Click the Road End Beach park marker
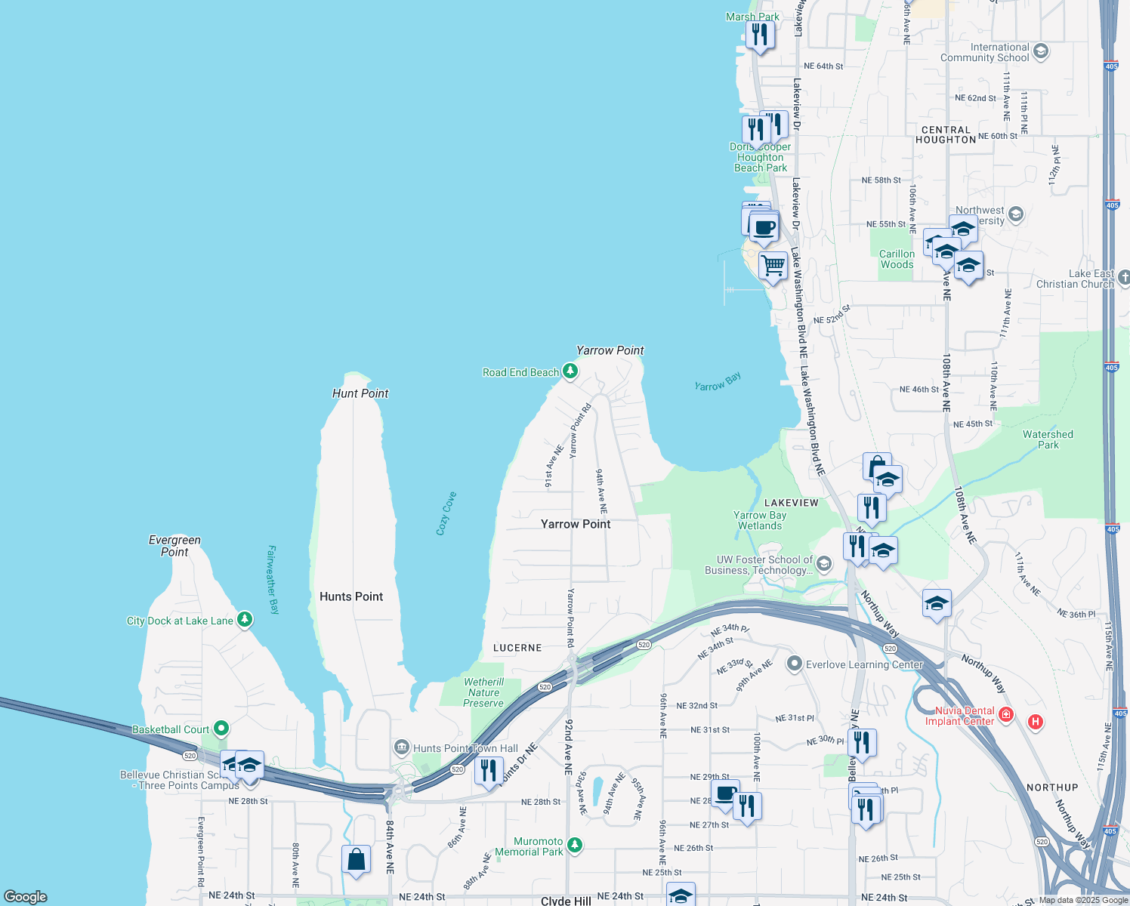pos(570,371)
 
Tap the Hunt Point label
pos(360,393)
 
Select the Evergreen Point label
pos(174,546)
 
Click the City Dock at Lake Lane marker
pos(244,620)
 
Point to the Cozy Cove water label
pos(446,513)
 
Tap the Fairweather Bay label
pos(273,580)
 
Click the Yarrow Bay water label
pos(718,382)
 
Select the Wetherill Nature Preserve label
pos(483,692)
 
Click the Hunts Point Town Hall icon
pos(401,747)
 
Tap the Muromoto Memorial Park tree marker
pos(575,845)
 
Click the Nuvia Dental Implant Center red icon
pos(1005,714)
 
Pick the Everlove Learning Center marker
pos(794,664)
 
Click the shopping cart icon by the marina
pos(773,266)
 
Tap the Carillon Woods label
pos(897,259)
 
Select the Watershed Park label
pos(1048,439)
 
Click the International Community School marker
pos(1041,51)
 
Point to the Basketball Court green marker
pos(221,729)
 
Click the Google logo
pos(26,897)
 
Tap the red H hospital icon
pos(1036,722)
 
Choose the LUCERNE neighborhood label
pos(517,648)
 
